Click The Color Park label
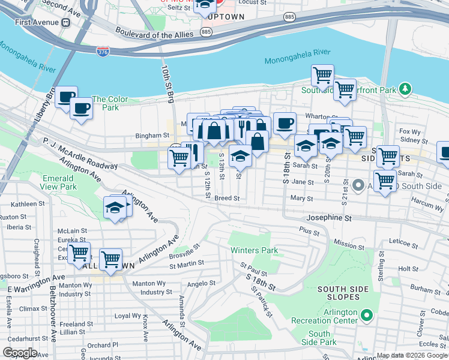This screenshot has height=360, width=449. point(110,103)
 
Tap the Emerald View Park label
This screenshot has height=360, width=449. point(60,182)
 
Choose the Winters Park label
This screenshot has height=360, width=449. point(254,250)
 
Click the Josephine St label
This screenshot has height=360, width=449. point(328,218)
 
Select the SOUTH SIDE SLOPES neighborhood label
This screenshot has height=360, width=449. point(343,293)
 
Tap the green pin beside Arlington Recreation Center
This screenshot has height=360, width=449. point(367,314)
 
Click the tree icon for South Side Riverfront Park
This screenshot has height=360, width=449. point(406,89)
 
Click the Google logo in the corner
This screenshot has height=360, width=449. point(20,353)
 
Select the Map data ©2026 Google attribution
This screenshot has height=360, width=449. point(411,355)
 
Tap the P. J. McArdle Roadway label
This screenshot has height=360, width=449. point(79,154)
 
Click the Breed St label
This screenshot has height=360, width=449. point(227,198)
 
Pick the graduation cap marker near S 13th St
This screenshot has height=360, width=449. point(240,155)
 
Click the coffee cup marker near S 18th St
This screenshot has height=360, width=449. point(285,123)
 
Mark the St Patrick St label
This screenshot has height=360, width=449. point(262,302)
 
